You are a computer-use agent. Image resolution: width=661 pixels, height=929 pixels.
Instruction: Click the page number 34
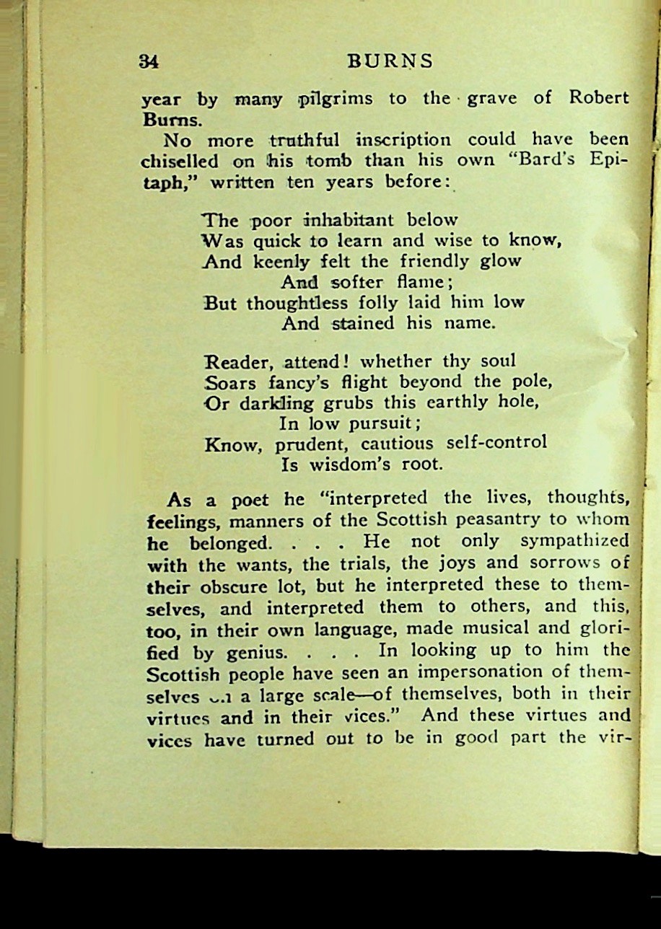click(149, 62)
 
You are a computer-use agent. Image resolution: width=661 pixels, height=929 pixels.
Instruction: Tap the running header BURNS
click(390, 62)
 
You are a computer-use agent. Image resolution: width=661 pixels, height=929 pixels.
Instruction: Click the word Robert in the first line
click(599, 98)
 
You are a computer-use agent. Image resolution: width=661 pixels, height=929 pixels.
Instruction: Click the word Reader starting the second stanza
click(237, 361)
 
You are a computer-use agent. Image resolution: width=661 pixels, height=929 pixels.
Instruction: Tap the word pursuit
click(380, 422)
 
